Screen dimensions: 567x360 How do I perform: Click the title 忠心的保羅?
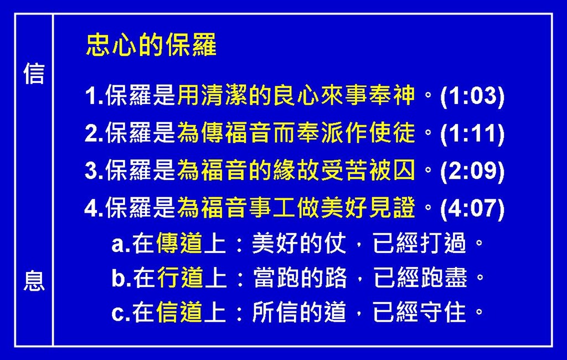151,45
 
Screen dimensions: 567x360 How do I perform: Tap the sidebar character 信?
34,74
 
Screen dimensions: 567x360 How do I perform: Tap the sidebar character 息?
34,281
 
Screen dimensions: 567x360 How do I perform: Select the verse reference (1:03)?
472,96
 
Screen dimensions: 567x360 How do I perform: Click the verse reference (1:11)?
472,134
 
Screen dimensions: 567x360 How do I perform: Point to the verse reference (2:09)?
472,171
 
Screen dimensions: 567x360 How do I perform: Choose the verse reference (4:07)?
472,209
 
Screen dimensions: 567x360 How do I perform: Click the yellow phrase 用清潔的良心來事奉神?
296,95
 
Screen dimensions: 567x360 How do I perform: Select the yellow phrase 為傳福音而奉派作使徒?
296,133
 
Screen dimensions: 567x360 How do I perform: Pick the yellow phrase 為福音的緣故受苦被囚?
296,170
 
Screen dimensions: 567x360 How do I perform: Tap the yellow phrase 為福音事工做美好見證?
296,208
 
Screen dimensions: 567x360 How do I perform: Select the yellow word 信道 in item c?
179,312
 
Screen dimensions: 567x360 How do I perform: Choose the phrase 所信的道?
299,312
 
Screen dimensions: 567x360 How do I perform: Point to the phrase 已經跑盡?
420,277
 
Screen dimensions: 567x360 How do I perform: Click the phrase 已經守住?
420,312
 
